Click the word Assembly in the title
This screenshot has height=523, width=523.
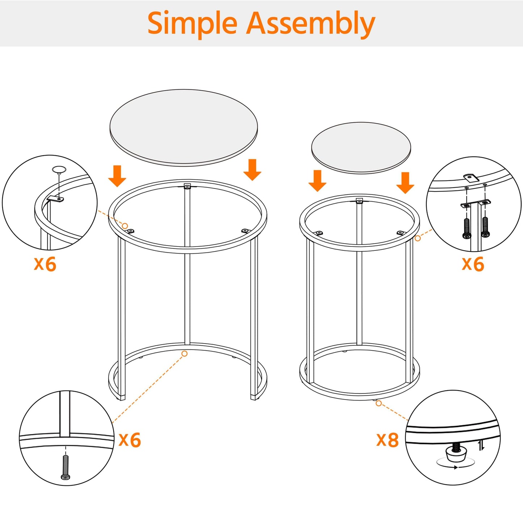311,24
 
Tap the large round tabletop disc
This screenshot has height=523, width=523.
184,127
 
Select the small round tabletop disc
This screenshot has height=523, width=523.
361,147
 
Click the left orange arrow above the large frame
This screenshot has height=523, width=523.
117,176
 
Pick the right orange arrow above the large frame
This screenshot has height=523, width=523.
252,169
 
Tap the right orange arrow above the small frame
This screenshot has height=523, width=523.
405,183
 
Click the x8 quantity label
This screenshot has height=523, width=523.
387,440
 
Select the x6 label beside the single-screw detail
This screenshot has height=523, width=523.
130,440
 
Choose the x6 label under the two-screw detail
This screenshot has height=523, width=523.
473,264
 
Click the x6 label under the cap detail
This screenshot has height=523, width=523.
45,264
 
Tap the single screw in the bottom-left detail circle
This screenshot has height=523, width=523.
66,467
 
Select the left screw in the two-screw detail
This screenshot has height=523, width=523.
467,228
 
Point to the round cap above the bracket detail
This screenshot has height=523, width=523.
59,169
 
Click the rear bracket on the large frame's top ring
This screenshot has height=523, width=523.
187,186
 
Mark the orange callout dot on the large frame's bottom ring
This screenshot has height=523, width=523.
185,354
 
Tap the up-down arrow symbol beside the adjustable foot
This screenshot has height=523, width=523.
481,446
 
